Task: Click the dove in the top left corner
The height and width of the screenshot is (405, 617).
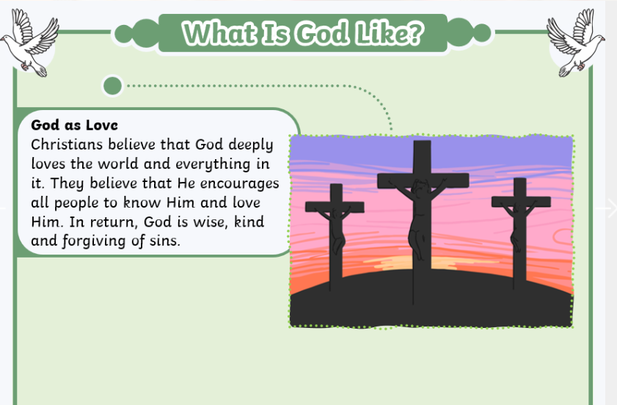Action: click(x=30, y=43)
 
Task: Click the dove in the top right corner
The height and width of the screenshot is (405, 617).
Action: click(x=576, y=43)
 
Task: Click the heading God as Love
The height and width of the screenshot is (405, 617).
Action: click(x=74, y=125)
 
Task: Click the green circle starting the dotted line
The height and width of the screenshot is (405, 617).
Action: click(x=112, y=85)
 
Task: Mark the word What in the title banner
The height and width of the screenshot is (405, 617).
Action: click(x=219, y=33)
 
